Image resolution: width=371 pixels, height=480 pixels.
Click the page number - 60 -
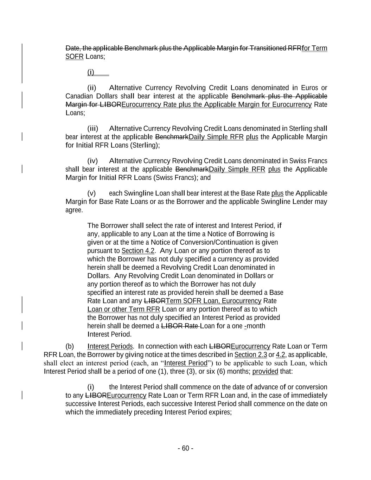[185, 448]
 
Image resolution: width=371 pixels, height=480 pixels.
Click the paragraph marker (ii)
[91, 88]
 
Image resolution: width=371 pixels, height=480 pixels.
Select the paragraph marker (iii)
[92, 129]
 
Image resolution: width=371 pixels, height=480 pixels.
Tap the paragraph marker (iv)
[92, 161]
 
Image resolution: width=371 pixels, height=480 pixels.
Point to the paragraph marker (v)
[91, 193]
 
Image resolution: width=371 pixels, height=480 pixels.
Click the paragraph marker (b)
[70, 346]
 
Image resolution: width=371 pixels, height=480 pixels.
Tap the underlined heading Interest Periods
[110, 346]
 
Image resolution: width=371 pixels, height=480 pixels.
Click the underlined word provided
[265, 372]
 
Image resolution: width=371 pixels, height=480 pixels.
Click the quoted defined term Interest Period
[186, 363]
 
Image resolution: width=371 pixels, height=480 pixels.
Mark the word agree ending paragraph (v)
[74, 210]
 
